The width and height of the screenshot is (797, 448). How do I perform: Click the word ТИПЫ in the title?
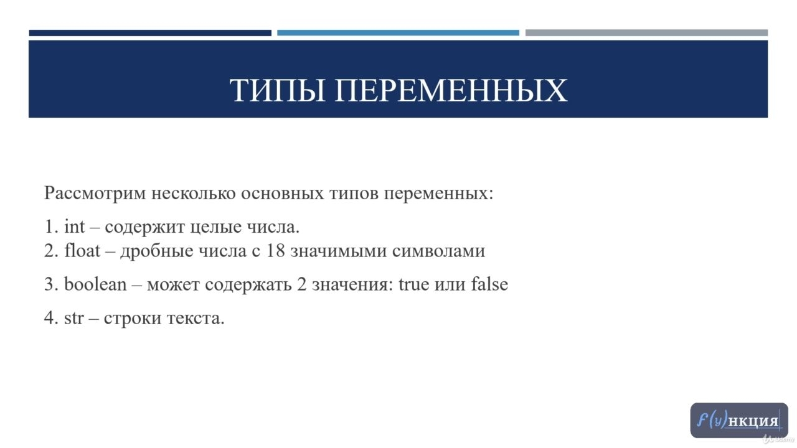(277, 90)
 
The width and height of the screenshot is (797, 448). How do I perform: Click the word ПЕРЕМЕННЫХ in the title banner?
(451, 90)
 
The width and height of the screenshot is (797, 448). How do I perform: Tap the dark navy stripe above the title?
(150, 33)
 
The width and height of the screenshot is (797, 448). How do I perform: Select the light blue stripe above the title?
(398, 33)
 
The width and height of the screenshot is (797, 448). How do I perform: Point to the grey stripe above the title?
(646, 33)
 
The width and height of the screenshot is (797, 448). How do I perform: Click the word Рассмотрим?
(95, 194)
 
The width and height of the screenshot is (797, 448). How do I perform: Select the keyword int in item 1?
(74, 226)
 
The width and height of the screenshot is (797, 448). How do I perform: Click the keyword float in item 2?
(82, 251)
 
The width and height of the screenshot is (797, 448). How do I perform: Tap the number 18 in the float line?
(276, 251)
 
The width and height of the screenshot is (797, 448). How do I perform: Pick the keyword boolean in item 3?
(95, 284)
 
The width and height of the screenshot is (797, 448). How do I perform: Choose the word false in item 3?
(489, 284)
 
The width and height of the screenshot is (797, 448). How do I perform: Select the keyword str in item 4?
(74, 318)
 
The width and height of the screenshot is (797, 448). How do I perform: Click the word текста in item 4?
(194, 318)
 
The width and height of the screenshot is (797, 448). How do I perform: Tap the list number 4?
(51, 318)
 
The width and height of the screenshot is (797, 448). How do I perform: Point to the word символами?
(439, 251)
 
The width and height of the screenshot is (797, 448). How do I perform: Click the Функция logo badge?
(739, 420)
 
